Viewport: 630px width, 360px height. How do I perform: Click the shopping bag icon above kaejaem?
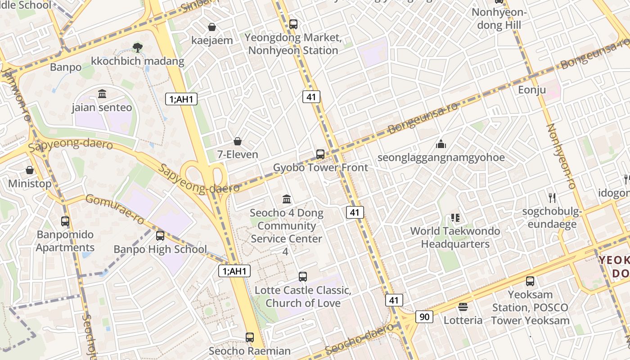point(212,27)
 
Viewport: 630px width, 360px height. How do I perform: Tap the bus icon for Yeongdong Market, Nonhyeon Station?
point(293,24)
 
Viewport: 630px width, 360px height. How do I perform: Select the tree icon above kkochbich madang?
point(137,47)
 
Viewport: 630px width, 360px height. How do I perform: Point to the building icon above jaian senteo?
point(102,94)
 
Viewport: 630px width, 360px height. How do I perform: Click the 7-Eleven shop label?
point(238,154)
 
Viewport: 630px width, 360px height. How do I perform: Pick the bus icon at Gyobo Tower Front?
point(320,154)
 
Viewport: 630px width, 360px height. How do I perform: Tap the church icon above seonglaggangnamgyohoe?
point(441,144)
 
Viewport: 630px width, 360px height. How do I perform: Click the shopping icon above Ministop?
point(30,170)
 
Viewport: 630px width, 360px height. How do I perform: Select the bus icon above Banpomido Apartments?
point(65,221)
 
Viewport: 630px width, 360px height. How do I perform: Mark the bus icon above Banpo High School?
point(160,236)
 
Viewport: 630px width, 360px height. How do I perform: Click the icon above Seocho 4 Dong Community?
point(287,199)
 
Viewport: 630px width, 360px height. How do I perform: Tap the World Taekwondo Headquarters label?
point(455,238)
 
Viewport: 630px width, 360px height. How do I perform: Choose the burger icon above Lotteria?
point(463,307)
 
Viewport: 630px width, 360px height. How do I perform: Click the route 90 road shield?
point(424,317)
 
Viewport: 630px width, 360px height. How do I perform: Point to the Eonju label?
point(532,90)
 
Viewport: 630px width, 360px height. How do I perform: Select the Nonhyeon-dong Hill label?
point(499,19)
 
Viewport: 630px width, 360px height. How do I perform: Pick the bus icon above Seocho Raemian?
point(250,337)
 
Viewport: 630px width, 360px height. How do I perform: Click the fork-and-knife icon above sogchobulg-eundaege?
point(553,198)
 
